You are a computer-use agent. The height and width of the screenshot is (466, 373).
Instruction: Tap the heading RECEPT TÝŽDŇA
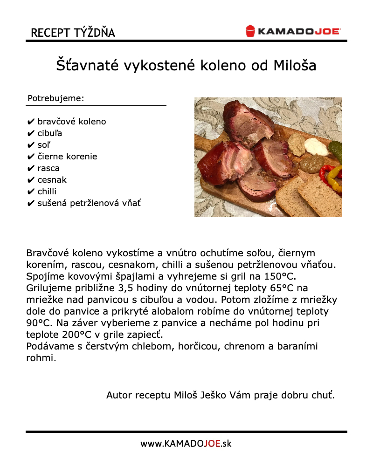tap(73, 33)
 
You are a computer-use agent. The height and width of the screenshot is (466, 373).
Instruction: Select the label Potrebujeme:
tap(56, 98)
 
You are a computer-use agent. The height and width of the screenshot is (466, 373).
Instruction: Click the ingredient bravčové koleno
tap(72, 122)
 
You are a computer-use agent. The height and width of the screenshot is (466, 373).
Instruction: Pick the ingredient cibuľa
tap(50, 133)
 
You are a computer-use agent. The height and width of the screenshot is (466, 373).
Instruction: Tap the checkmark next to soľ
tap(31, 145)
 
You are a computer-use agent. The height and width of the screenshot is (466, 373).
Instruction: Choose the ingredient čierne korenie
tap(67, 157)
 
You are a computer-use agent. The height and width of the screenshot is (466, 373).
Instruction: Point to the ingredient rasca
tap(48, 168)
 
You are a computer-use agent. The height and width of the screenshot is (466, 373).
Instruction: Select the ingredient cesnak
tap(52, 180)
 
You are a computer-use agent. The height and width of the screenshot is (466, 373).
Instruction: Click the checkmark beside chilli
tap(31, 192)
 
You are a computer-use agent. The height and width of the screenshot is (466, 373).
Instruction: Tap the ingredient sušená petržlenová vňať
tap(89, 203)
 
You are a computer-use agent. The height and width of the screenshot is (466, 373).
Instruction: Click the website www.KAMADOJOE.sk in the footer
tap(186, 443)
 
